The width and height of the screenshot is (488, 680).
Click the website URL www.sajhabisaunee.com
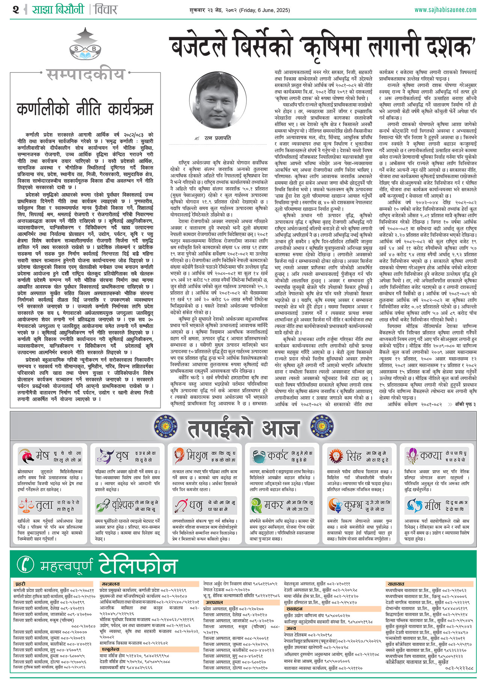(x=445, y=9)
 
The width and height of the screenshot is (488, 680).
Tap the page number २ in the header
(x=15, y=9)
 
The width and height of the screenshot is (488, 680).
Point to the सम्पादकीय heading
(x=85, y=74)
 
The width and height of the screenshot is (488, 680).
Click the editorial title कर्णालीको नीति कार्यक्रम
(x=85, y=109)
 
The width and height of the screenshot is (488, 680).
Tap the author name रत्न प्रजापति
(x=218, y=138)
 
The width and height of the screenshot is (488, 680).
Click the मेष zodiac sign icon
(x=26, y=456)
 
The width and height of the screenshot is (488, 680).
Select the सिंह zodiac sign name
(x=354, y=456)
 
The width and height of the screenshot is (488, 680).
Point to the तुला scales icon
(x=26, y=506)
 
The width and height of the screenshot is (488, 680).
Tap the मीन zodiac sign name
(x=432, y=506)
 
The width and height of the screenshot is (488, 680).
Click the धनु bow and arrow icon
(x=181, y=506)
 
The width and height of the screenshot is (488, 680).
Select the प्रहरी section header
(x=20, y=584)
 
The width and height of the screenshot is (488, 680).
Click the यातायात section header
(x=396, y=584)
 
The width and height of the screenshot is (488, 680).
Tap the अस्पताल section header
(x=214, y=602)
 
